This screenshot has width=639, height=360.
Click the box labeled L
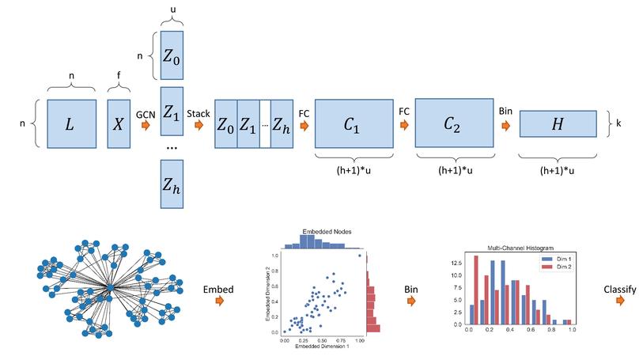pos(72,123)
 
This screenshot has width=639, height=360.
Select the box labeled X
pos(119,123)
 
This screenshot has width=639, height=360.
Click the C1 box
pos(354,123)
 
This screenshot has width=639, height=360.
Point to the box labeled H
pos(559,124)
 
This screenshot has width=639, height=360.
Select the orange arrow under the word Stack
pos(201,125)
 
